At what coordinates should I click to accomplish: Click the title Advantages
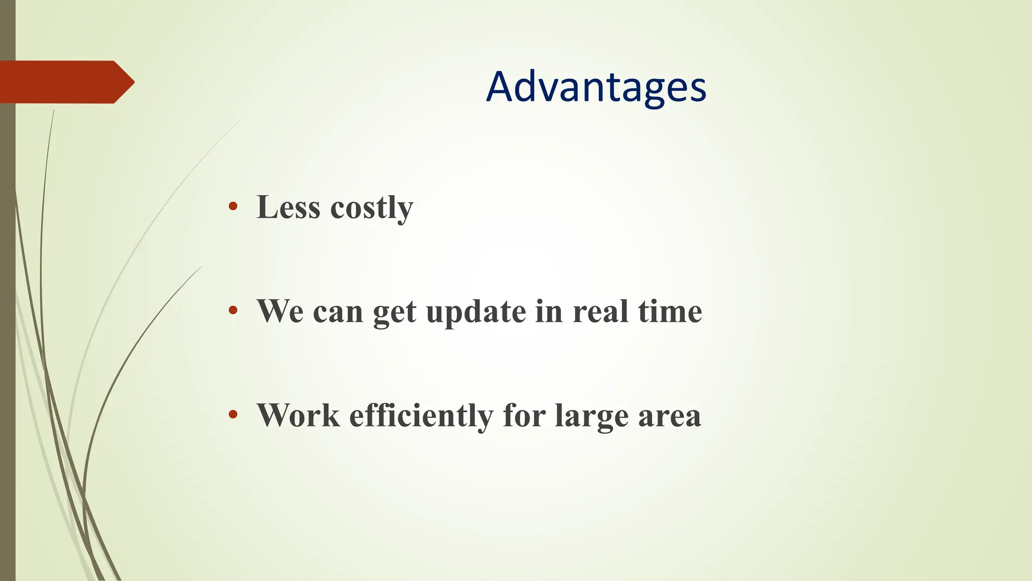[x=596, y=87]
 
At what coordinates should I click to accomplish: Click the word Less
[x=288, y=207]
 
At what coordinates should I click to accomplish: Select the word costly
[x=371, y=208]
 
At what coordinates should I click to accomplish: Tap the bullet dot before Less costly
[x=233, y=206]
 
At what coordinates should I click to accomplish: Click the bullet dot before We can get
[x=233, y=310]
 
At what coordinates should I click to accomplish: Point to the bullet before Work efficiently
[x=233, y=415]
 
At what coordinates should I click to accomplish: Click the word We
[x=280, y=311]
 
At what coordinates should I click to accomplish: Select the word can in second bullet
[x=338, y=312]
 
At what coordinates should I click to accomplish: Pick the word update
[x=476, y=313]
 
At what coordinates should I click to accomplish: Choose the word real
[x=600, y=311]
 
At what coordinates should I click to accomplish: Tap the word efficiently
[x=421, y=417]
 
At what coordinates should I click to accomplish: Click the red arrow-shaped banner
[x=60, y=82]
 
